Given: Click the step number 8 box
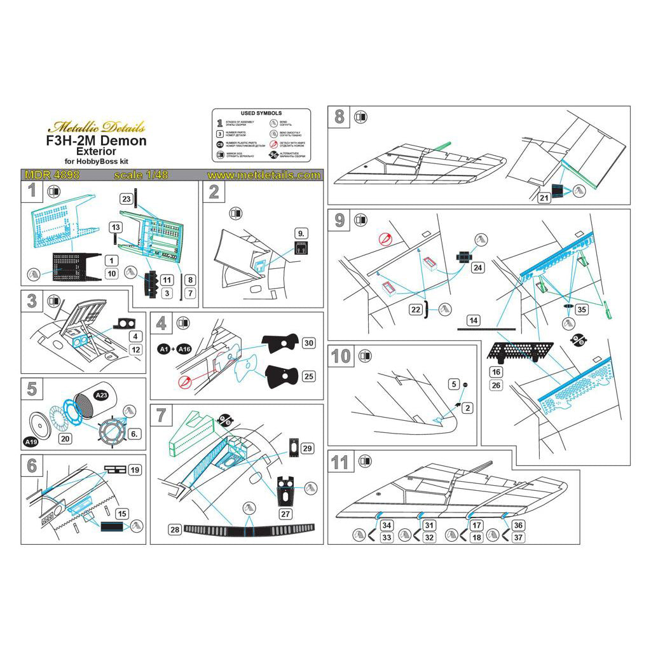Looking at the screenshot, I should (x=339, y=117).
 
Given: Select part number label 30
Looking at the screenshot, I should (x=310, y=343).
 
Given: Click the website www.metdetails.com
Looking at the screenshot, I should (x=263, y=175).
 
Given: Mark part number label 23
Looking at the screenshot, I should (x=127, y=199).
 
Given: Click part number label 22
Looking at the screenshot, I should (x=416, y=309).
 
